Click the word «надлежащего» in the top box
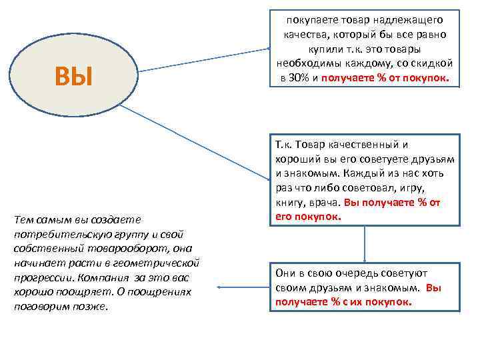coord(411,20)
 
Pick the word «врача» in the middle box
coord(323,203)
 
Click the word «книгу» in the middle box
coord(287,203)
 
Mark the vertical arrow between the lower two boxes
coord(365,243)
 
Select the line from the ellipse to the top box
coord(200,59)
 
